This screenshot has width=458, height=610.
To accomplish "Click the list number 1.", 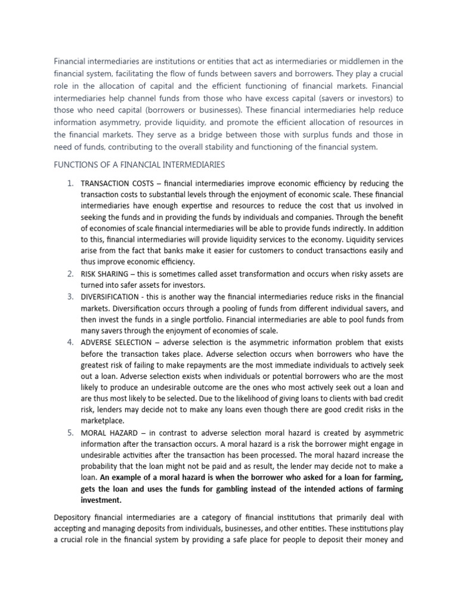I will click(x=69, y=183).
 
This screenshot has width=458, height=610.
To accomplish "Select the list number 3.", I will click(x=69, y=297).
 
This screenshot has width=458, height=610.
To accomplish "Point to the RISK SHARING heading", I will click(x=104, y=274).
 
